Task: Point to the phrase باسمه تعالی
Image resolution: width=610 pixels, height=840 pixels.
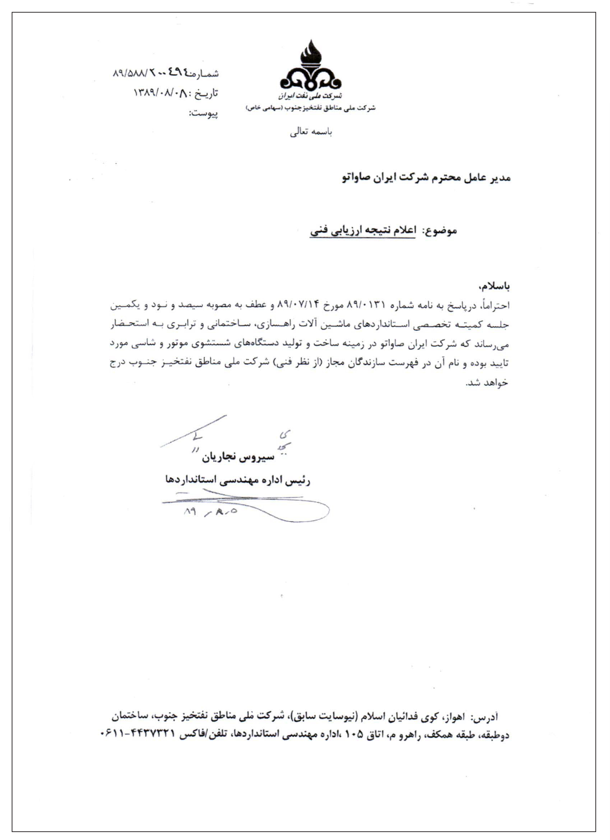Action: coord(311,133)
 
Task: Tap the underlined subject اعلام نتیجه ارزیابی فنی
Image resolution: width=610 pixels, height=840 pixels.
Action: coord(363,230)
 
